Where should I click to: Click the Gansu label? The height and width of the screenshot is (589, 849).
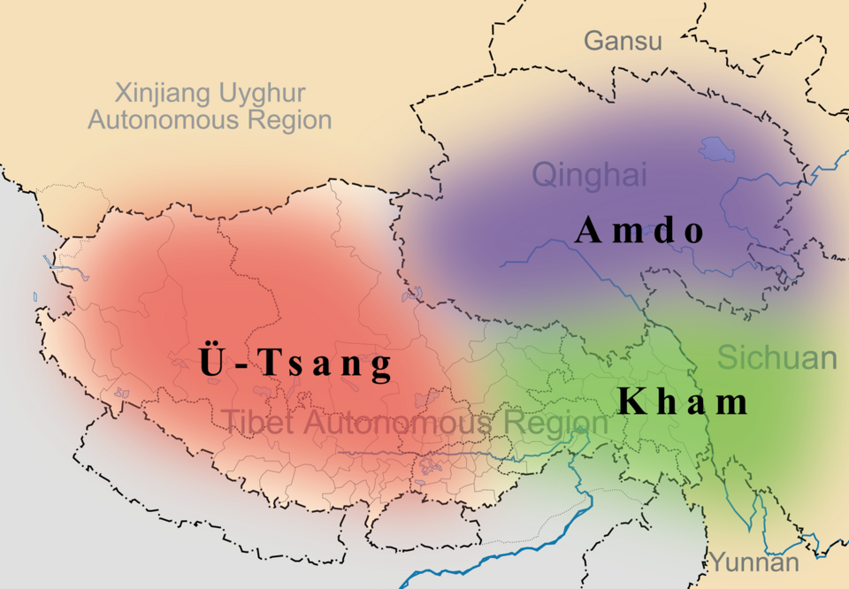coord(623,41)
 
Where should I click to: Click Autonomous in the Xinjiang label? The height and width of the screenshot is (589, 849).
coord(162,120)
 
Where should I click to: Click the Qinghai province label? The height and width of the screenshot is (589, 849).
coord(589,174)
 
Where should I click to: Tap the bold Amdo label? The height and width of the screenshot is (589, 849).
coord(640,231)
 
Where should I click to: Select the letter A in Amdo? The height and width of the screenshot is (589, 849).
coord(589,231)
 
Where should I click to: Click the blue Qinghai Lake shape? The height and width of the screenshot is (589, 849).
coord(716,150)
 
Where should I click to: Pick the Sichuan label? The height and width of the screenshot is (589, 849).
coord(776,358)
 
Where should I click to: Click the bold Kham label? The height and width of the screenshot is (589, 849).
coord(683,402)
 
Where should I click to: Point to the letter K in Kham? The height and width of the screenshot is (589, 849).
coord(631,402)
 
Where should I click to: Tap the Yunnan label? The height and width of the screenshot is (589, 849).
coord(753,562)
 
